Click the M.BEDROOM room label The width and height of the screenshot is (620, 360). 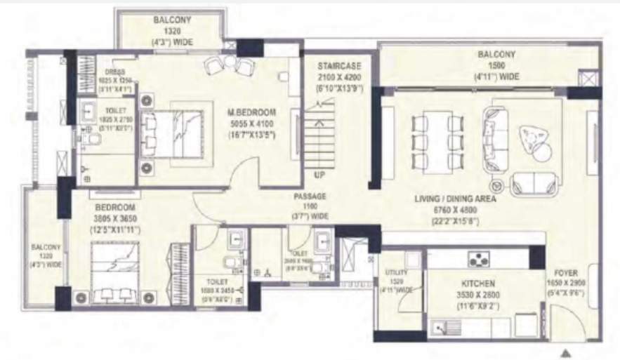251,112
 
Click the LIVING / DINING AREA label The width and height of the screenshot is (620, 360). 456,199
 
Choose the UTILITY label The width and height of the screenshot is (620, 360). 393,272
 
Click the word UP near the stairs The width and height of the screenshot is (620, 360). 319,175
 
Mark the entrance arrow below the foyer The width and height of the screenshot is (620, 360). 565,353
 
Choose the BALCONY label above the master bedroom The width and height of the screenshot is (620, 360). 169,21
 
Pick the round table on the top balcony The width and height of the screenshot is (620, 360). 229,62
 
